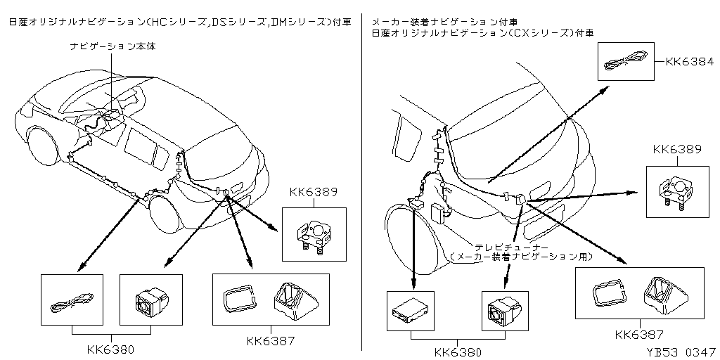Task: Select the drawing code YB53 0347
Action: (x=681, y=353)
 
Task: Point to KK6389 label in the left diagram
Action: (x=314, y=192)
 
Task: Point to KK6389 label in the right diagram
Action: (x=677, y=150)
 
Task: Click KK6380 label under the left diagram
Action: (x=110, y=350)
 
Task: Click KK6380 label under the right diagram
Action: (x=458, y=352)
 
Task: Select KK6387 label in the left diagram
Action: (x=271, y=341)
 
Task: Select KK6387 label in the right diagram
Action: (x=640, y=334)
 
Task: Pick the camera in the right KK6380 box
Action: (x=503, y=310)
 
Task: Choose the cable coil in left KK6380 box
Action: (x=72, y=301)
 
